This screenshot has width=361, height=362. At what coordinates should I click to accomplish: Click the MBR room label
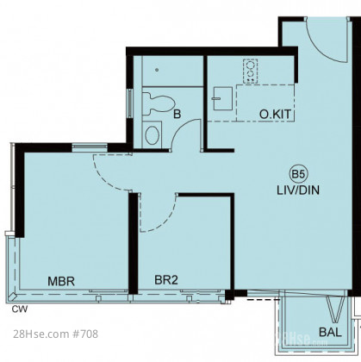61,281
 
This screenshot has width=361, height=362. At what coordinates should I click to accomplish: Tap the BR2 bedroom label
166,280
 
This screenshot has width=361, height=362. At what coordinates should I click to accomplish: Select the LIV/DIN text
298,190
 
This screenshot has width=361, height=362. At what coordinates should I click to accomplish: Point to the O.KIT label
275,115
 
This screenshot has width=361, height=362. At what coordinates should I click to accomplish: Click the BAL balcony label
330,333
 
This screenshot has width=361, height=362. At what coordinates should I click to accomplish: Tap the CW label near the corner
20,309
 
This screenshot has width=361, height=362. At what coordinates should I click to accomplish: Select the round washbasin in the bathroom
152,135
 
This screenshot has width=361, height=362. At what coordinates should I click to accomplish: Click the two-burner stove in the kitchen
250,72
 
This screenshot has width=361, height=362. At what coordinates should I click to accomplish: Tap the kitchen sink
222,98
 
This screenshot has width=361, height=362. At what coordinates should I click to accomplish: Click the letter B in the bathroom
177,115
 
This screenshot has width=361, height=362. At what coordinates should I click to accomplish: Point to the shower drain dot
157,70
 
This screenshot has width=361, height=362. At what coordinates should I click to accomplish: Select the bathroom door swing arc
180,127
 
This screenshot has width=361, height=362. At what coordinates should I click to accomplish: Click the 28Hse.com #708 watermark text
56,334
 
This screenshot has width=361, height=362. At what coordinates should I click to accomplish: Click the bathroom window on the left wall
130,103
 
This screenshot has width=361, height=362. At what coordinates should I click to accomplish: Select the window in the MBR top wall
90,147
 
